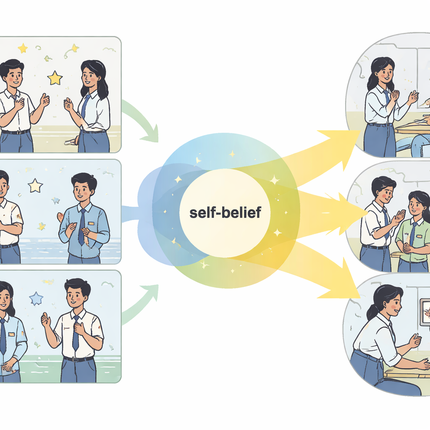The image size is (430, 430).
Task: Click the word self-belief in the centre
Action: pos(225,213)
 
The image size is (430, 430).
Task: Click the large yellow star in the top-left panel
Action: pos(55,78)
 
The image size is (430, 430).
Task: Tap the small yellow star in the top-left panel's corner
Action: pos(23,48)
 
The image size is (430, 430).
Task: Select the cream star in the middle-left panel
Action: pos(35,185)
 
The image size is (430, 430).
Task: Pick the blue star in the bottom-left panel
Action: pos(36,299)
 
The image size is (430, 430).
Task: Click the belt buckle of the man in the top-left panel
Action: pos(18,132)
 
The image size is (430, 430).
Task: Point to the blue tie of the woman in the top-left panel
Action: pos(85,107)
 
